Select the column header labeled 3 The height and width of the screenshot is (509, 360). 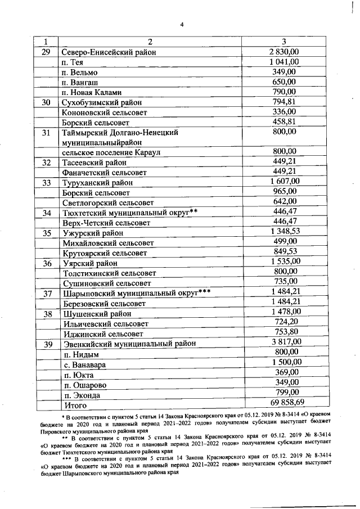[284, 42]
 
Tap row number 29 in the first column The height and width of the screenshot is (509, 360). [47, 52]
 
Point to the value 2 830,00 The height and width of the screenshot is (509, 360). [284, 51]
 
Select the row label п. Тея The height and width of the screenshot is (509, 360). [73, 62]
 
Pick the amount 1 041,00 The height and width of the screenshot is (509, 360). [284, 61]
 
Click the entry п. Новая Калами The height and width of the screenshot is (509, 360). [92, 93]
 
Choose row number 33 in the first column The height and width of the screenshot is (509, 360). [47, 183]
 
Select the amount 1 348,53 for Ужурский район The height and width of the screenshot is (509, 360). [285, 232]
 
